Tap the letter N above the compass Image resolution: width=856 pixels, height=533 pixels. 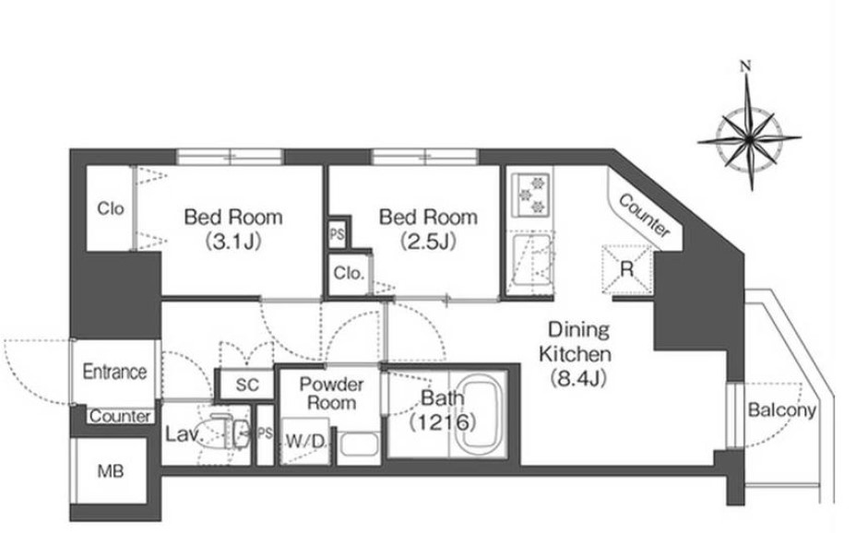[x=745, y=66]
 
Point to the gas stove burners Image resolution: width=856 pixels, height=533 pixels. [x=530, y=195]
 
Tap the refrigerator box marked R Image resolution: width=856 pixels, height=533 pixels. [x=626, y=269]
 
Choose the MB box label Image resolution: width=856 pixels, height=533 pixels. [x=111, y=471]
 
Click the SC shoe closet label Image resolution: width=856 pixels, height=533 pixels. [x=247, y=385]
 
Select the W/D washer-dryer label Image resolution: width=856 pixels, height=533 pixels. [x=305, y=442]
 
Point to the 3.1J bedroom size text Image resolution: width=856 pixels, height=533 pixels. [x=233, y=241]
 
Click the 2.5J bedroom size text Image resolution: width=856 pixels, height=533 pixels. [x=428, y=241]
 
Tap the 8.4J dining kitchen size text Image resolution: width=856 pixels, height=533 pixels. [x=578, y=378]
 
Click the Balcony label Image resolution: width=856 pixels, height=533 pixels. [x=782, y=410]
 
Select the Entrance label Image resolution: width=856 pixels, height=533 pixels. [x=114, y=372]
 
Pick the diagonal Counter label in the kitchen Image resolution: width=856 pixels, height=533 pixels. [x=644, y=216]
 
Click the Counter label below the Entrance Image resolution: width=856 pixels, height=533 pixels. [x=120, y=416]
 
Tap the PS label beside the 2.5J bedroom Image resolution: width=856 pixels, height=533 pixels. [x=338, y=234]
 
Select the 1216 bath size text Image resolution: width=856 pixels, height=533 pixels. [x=444, y=421]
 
